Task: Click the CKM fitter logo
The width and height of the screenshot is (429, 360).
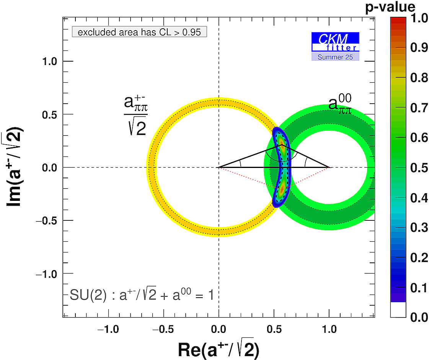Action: [335, 42]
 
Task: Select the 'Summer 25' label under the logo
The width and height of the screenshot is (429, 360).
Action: [335, 57]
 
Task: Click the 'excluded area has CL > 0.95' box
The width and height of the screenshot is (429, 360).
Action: [139, 32]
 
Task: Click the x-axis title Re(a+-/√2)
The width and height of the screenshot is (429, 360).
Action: [218, 349]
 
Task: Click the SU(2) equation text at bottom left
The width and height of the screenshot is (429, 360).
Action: [142, 295]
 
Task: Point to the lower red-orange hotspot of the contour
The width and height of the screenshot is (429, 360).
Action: [282, 188]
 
